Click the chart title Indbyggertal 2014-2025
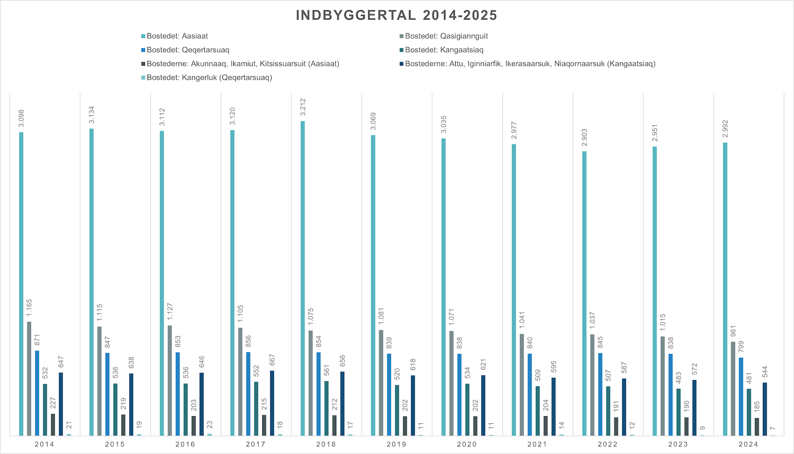click(396, 15)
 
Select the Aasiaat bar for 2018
click(303, 277)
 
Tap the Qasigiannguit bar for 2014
click(29, 378)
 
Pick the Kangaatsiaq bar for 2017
click(256, 408)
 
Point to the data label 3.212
click(303, 107)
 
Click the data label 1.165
click(29, 308)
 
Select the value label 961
click(733, 331)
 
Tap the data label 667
click(272, 360)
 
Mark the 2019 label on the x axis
click(396, 444)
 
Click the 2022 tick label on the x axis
click(608, 444)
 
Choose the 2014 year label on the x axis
click(45, 444)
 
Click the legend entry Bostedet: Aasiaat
click(177, 36)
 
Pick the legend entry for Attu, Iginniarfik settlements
click(530, 63)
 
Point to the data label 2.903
click(584, 137)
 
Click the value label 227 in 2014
click(53, 403)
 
